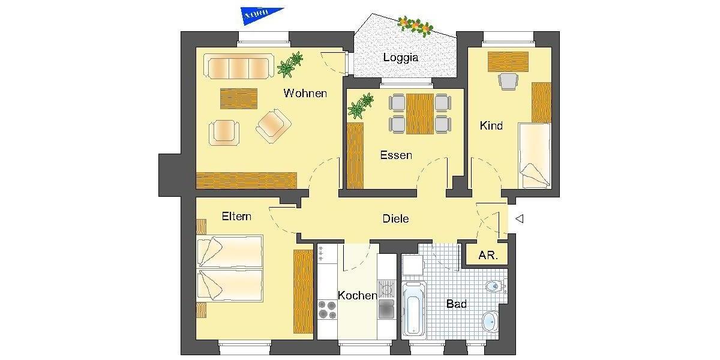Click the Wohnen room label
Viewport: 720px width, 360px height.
click(x=305, y=93)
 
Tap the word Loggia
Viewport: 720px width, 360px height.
click(x=400, y=58)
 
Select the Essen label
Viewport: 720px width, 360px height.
click(x=396, y=155)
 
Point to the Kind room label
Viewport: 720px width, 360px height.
click(x=491, y=126)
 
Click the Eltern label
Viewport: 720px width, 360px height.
click(x=236, y=216)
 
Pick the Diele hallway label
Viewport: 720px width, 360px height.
click(x=395, y=218)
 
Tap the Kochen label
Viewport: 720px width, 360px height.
click(x=357, y=295)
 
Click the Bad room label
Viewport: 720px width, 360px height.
click(x=457, y=304)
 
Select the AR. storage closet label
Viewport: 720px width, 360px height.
click(x=487, y=255)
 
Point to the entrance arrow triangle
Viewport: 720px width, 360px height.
click(x=520, y=219)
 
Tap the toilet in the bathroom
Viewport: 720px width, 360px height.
click(x=493, y=286)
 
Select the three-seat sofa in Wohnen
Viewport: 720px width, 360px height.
click(x=236, y=67)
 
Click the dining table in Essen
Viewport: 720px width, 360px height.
click(x=419, y=113)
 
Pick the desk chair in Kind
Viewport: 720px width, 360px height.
click(x=508, y=80)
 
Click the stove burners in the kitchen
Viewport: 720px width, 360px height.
click(x=327, y=310)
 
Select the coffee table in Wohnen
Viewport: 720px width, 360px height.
click(x=238, y=98)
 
